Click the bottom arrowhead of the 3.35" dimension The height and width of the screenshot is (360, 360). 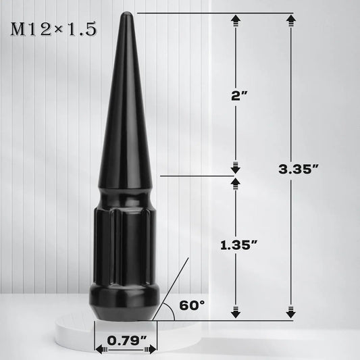(291, 311)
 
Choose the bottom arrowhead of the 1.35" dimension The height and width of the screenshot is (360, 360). (236, 311)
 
